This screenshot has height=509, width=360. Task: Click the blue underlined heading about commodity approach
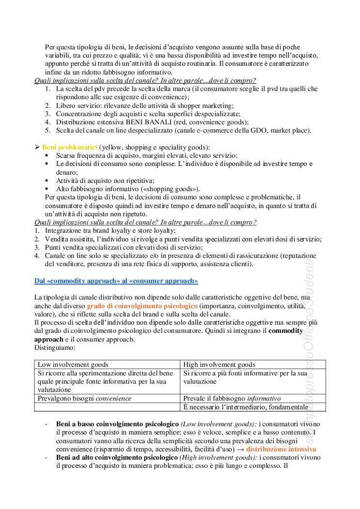tap(116, 281)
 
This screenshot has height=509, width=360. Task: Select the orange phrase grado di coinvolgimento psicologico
tap(142, 306)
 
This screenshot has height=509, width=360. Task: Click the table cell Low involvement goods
tap(73, 364)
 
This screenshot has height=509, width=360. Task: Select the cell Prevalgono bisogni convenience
tap(84, 399)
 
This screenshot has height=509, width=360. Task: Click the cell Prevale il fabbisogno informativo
tap(232, 399)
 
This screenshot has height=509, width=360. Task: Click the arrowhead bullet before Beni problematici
tap(37, 147)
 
